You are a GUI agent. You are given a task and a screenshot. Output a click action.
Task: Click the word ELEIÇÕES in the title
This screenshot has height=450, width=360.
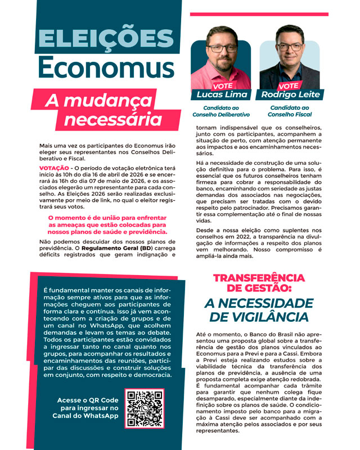coord(105,40)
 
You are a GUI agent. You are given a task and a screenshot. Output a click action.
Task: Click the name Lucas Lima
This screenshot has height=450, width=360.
coord(222,94)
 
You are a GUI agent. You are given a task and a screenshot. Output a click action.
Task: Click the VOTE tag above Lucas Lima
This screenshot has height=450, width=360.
coord(223,86)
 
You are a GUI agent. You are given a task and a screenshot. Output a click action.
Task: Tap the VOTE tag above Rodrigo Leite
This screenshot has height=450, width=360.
coord(289,86)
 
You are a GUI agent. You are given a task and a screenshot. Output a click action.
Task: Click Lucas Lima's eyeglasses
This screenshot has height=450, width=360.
coord(223,48)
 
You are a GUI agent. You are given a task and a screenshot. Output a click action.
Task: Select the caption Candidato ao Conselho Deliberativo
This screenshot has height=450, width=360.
coord(221,111)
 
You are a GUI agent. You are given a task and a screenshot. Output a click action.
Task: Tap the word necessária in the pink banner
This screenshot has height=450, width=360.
coord(112,119)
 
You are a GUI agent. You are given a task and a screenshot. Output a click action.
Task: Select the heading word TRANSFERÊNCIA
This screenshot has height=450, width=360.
coord(259,278)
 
